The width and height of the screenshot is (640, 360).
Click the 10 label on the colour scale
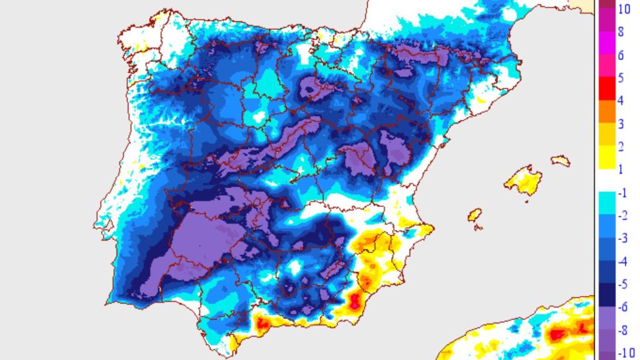(x=623, y=9)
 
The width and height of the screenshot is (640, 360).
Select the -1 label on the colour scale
(x=622, y=193)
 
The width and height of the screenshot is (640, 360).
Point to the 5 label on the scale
(x=620, y=78)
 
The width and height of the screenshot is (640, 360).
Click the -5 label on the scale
(x=622, y=284)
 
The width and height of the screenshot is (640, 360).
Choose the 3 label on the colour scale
(x=620, y=124)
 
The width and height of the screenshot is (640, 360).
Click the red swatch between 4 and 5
(x=607, y=89)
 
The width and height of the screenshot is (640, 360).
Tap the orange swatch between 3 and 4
(x=607, y=112)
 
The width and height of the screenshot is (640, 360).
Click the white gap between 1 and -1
(x=607, y=181)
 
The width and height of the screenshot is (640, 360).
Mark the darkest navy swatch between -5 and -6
(x=607, y=294)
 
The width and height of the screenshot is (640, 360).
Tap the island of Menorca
(x=561, y=161)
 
